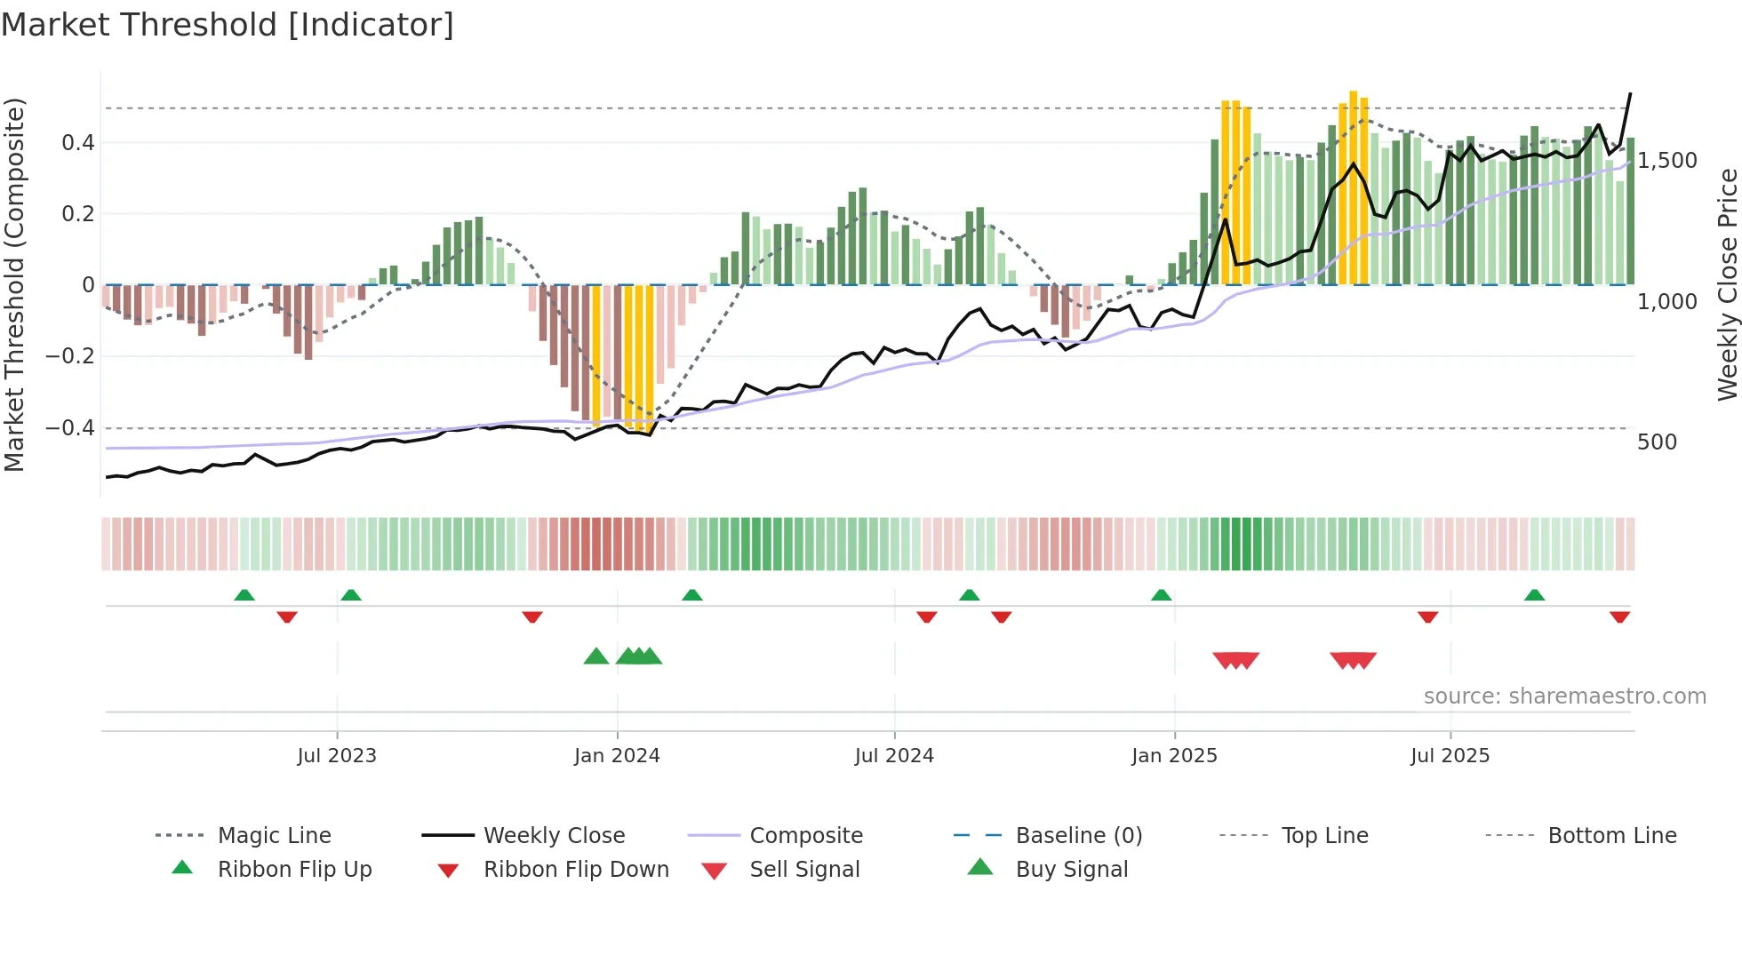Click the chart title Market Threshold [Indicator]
[228, 25]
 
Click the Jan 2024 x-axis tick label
[617, 755]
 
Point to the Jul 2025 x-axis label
[1450, 755]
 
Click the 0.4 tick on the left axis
[78, 142]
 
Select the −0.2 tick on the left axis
[70, 356]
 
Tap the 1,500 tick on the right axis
[1667, 161]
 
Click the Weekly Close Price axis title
[1727, 284]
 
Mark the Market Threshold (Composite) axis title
[14, 284]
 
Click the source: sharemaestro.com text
[1564, 696]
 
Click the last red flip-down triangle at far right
[1619, 617]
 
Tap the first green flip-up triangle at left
[244, 595]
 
